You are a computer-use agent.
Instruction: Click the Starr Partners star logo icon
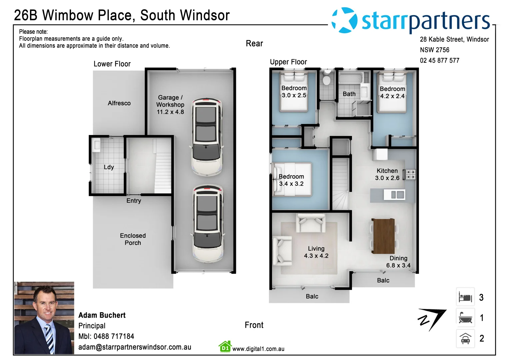344,20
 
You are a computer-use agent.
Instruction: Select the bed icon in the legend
465,297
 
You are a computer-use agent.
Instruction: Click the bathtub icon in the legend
465,318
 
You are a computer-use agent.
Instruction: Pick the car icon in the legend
465,338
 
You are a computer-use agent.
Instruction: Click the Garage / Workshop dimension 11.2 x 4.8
170,112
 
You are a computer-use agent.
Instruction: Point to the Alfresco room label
119,103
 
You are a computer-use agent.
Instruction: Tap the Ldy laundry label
109,167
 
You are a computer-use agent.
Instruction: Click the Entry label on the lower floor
134,201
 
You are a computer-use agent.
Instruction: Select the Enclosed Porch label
133,239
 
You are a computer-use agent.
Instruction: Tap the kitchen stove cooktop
410,174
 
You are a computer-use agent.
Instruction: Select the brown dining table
383,236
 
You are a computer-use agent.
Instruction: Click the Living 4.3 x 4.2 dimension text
316,256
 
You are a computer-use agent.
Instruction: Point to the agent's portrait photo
44,318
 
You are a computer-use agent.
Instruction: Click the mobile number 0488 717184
114,336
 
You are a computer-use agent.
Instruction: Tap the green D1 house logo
225,347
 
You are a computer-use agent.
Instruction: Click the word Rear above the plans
254,44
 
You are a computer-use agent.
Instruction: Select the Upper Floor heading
288,62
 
